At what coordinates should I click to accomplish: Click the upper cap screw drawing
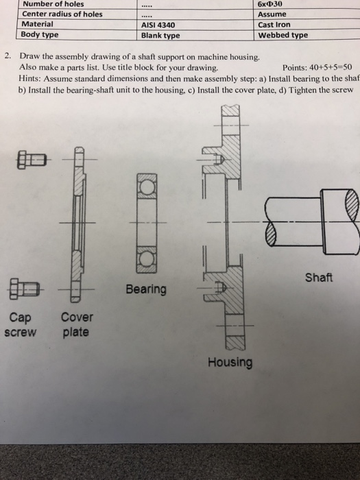point(32,160)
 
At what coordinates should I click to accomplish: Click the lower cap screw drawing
point(25,289)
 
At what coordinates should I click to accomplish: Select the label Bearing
point(146,289)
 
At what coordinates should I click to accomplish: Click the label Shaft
point(319,277)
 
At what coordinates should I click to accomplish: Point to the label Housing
point(230,363)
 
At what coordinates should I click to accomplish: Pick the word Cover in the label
point(77,317)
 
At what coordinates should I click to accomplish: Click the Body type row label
point(40,34)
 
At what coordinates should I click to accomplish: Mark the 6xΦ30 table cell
point(270,4)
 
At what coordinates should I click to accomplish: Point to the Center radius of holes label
point(62,14)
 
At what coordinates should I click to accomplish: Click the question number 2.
point(8,56)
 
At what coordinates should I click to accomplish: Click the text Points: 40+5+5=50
point(317,67)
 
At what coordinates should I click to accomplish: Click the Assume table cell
point(272,14)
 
